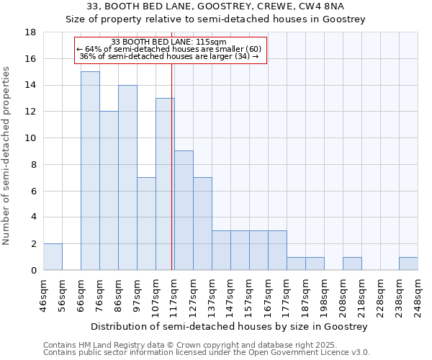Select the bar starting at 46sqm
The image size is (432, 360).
[53, 256]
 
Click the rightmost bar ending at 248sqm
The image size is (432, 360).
[408, 264]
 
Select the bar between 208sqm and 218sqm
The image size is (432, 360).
[352, 264]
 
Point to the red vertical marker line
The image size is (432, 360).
[172, 166]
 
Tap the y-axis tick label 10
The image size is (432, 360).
[30, 138]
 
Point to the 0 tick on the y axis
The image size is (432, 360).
[33, 270]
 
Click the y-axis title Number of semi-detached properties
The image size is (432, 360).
[7, 155]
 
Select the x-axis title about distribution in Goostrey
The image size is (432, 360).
[230, 326]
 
